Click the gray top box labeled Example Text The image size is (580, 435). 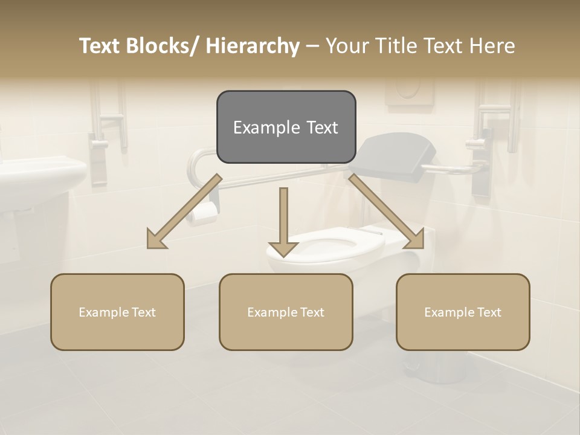click(286, 127)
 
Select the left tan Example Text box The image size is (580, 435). click(117, 312)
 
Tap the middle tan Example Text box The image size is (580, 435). click(286, 312)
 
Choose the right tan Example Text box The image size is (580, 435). click(463, 312)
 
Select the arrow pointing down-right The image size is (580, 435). click(387, 211)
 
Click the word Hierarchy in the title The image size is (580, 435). click(253, 46)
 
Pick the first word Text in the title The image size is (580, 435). click(100, 46)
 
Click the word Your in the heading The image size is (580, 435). click(347, 46)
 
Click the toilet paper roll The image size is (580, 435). click(203, 213)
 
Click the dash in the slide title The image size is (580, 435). click(312, 46)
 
